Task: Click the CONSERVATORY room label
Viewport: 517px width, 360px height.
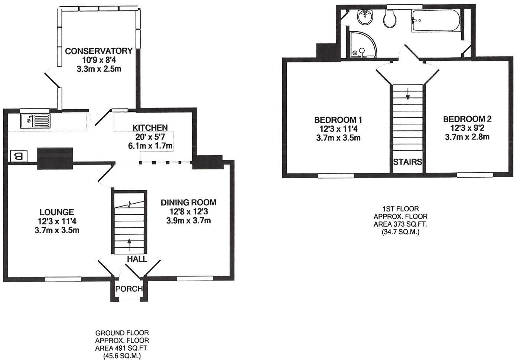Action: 99,51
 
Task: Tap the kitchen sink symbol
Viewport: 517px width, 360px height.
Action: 35,120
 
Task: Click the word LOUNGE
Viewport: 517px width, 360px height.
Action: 57,212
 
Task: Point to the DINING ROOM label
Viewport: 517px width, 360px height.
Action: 188,202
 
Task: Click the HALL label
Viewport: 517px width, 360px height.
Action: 137,259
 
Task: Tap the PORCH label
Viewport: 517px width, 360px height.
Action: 129,289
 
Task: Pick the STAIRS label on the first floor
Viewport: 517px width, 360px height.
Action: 407,162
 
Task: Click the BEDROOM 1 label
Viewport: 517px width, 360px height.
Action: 338,120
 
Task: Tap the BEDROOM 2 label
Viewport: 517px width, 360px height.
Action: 467,119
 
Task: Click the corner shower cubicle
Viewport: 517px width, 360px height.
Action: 362,45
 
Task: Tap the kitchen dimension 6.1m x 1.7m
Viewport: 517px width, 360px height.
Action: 150,146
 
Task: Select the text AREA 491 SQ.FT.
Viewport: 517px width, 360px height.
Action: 122,348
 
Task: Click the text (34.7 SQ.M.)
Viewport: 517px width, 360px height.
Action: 400,232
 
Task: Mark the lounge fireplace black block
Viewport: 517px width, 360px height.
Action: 55,158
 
